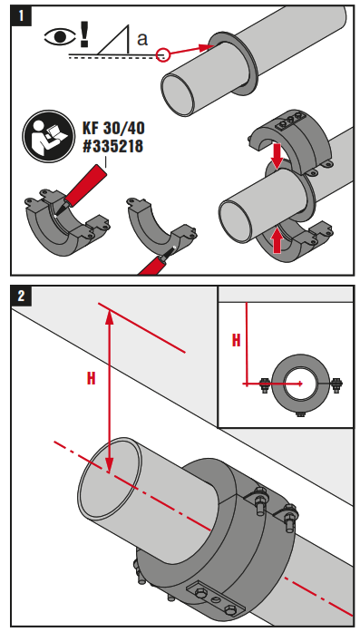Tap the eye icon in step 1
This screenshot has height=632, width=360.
(x=61, y=39)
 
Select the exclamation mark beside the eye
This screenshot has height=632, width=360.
(x=85, y=34)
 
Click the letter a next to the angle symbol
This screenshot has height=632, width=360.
(x=141, y=40)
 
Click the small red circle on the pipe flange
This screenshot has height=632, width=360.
(x=164, y=54)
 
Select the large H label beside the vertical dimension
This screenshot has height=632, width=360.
(x=91, y=379)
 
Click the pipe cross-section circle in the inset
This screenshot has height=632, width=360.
(x=300, y=384)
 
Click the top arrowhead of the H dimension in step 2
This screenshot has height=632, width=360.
(x=108, y=314)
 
